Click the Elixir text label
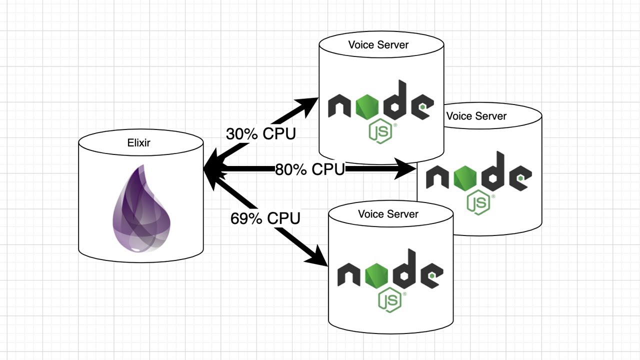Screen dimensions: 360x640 click(x=138, y=143)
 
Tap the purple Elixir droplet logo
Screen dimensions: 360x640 click(x=142, y=210)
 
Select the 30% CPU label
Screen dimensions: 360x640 click(x=260, y=134)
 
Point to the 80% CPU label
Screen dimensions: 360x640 click(x=309, y=169)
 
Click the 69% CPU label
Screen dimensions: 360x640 click(x=265, y=218)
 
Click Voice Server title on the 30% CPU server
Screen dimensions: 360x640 click(x=378, y=44)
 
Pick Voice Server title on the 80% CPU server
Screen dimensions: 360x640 click(x=476, y=116)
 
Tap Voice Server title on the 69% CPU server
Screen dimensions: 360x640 click(x=388, y=214)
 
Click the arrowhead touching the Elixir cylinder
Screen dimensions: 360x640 click(x=212, y=170)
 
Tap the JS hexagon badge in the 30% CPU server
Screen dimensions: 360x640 click(x=380, y=132)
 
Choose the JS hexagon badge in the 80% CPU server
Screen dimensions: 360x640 click(x=478, y=202)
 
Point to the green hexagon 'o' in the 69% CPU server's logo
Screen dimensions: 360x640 click(x=379, y=275)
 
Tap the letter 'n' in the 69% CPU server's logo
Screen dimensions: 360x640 click(x=349, y=275)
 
